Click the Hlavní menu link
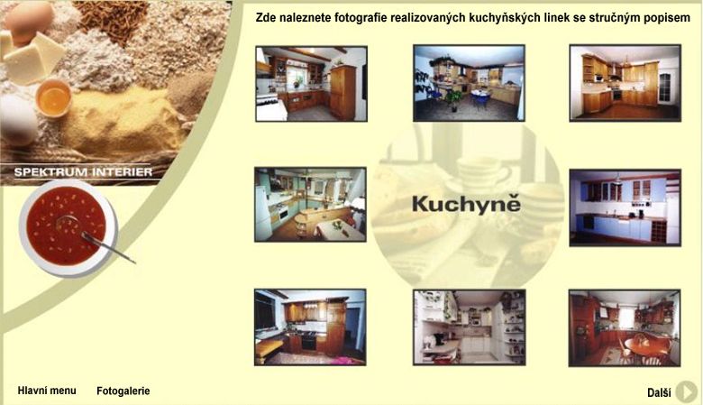click(x=47, y=391)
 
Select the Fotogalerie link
click(x=123, y=391)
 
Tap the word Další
click(x=659, y=393)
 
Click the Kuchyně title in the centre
click(x=466, y=204)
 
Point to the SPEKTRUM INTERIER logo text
click(x=84, y=172)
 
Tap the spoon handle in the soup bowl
click(x=109, y=248)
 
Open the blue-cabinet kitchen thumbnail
click(x=625, y=207)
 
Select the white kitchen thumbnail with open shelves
click(x=469, y=327)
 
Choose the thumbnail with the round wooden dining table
click(x=625, y=327)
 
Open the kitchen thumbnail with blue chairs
click(x=469, y=83)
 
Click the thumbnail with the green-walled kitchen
click(x=310, y=205)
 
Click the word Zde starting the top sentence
click(x=264, y=17)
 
